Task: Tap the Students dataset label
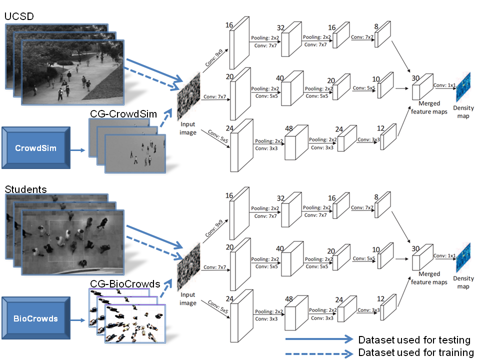pyautogui.click(x=25, y=189)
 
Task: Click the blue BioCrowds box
pyautogui.click(x=36, y=318)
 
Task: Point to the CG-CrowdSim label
pyautogui.click(x=123, y=114)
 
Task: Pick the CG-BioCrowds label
pyautogui.click(x=125, y=284)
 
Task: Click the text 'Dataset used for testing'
pyautogui.click(x=414, y=340)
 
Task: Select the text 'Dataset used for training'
pyautogui.click(x=415, y=352)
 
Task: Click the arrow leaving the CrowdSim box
pyautogui.click(x=77, y=148)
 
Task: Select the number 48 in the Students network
pyautogui.click(x=288, y=299)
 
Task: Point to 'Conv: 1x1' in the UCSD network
pyautogui.click(x=444, y=85)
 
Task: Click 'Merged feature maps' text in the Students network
pyautogui.click(x=429, y=278)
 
